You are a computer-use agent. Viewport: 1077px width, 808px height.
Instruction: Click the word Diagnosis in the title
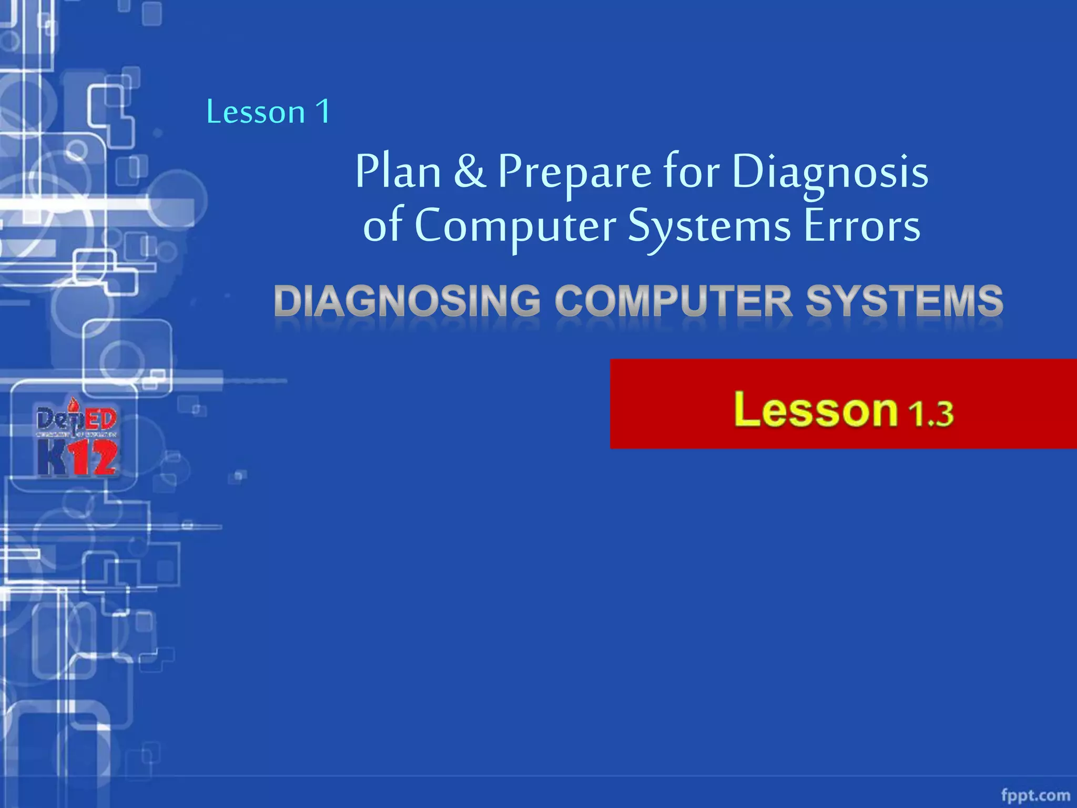830,172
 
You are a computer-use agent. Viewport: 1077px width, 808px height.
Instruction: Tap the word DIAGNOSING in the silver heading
407,301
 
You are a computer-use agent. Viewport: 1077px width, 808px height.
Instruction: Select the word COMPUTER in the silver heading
674,301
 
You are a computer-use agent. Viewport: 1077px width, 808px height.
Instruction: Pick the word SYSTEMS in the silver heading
905,301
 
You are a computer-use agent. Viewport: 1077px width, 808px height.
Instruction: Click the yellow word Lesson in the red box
816,410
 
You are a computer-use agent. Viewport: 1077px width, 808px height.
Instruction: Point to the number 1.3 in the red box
931,413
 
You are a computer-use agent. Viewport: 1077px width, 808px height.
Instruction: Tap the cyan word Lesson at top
256,112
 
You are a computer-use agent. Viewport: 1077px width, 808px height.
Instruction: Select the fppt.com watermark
1035,795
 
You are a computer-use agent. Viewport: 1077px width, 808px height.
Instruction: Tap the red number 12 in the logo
94,459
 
